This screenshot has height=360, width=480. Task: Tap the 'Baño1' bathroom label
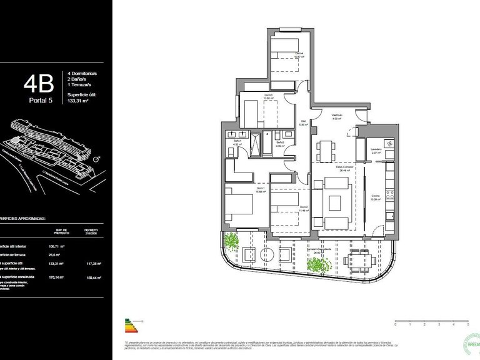pos(237,142)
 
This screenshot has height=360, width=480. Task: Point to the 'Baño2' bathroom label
pos(281,142)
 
